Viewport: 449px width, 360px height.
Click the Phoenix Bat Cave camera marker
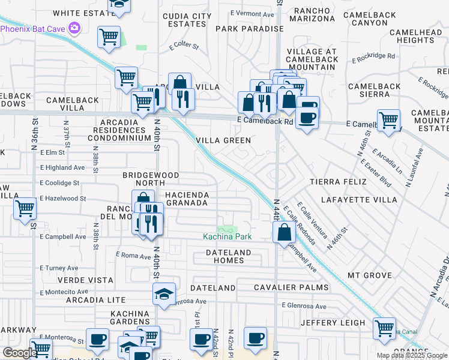point(74,27)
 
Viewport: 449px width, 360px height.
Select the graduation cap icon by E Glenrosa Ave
point(164,294)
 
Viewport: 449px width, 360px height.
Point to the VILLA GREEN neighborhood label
point(223,140)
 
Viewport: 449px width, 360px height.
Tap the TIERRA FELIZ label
point(337,181)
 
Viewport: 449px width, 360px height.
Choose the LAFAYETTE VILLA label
point(358,199)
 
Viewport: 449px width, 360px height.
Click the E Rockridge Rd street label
point(373,58)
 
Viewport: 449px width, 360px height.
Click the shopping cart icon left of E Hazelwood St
point(25,209)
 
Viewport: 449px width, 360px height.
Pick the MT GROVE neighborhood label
point(370,275)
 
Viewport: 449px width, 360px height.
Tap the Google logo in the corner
point(19,353)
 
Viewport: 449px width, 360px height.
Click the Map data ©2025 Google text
point(412,355)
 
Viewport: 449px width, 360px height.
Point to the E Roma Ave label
point(132,255)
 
